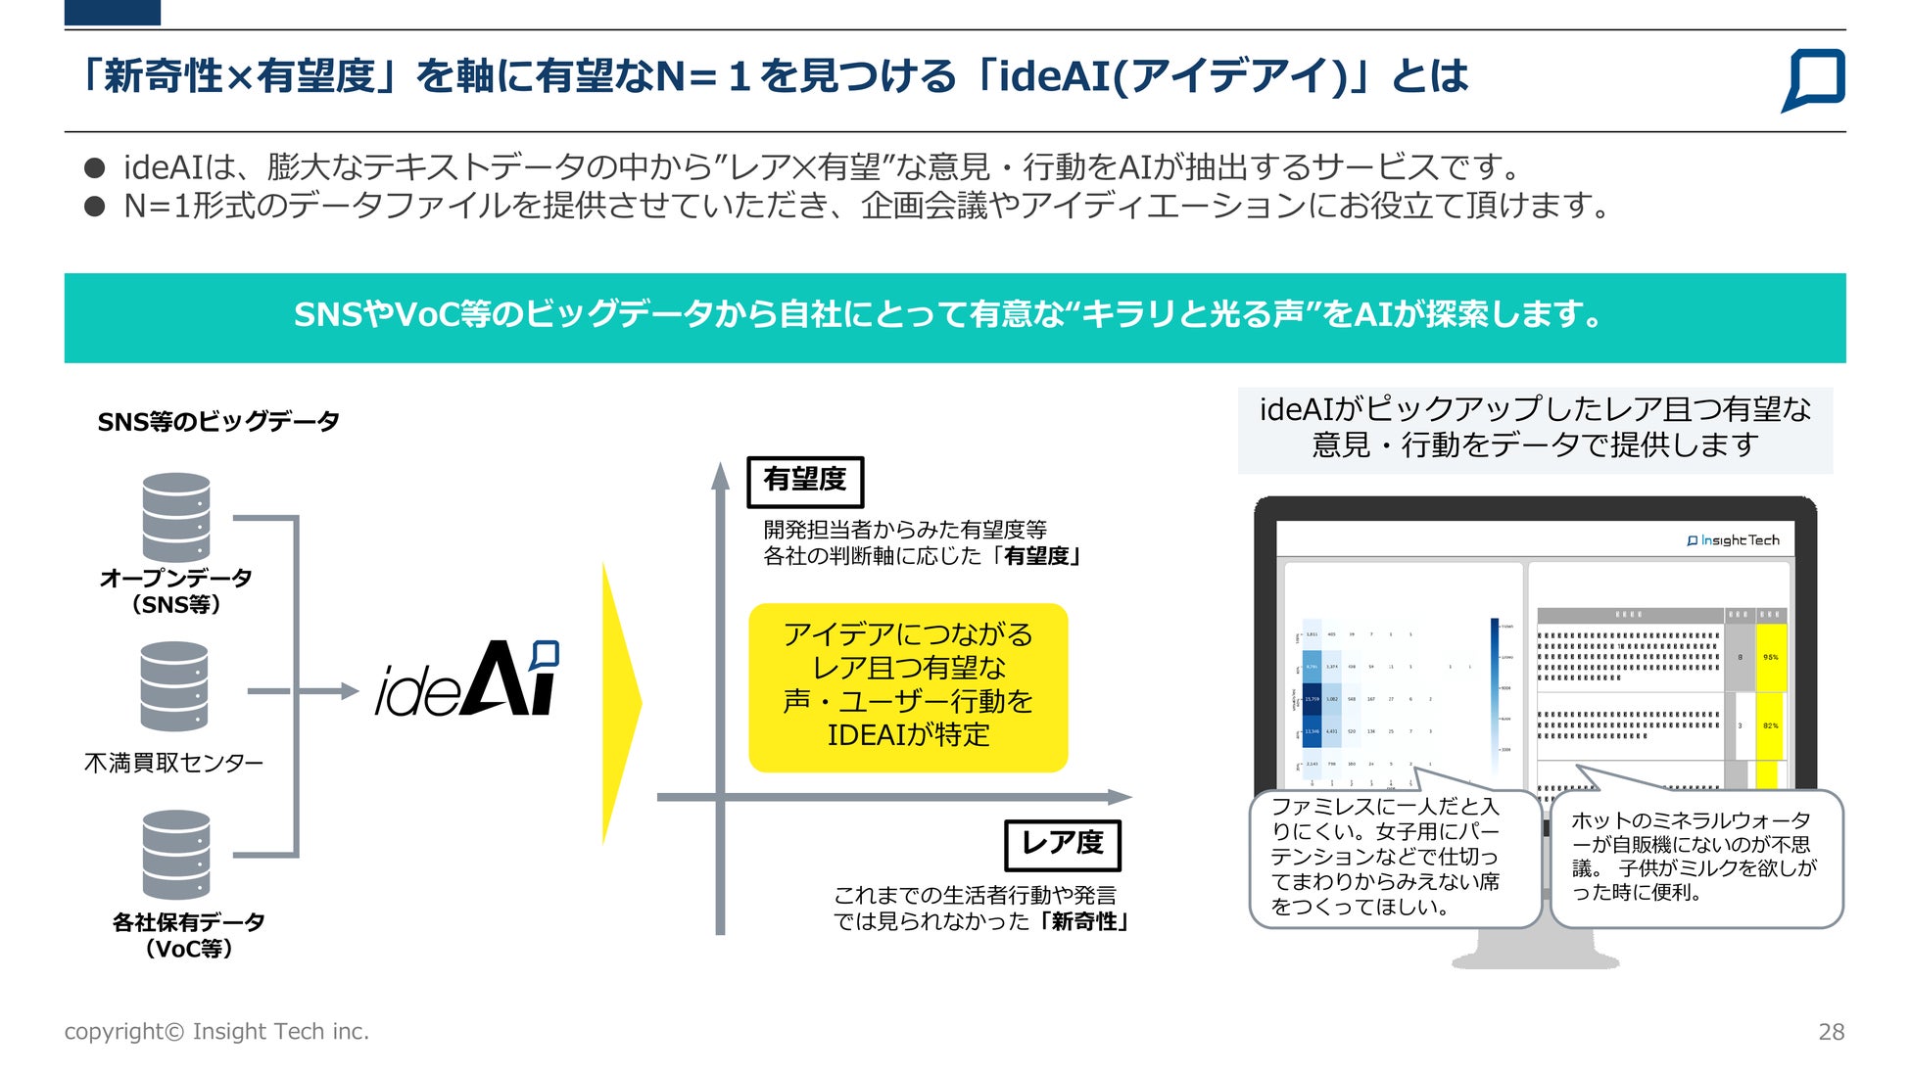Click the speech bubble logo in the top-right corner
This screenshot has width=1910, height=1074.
click(1814, 78)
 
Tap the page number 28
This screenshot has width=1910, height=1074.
click(1831, 1032)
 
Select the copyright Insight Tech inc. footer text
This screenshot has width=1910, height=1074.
click(216, 1032)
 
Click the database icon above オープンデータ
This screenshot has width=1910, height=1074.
click(176, 517)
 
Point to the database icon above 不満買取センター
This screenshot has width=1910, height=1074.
click(174, 685)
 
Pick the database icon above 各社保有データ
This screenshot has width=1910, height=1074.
click(176, 854)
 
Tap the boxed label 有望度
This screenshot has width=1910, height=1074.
click(805, 481)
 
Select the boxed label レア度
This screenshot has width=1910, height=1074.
click(1063, 844)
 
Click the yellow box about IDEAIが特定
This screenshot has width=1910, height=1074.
click(908, 687)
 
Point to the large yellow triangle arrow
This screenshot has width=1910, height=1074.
click(620, 702)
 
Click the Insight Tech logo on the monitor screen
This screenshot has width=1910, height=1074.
click(1734, 540)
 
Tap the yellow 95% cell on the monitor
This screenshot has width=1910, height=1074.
click(1771, 657)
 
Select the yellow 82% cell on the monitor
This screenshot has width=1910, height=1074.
click(1771, 725)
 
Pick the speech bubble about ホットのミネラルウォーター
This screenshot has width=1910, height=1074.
click(1696, 858)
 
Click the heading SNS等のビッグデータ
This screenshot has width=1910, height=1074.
click(218, 422)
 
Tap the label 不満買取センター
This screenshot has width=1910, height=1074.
click(174, 763)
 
